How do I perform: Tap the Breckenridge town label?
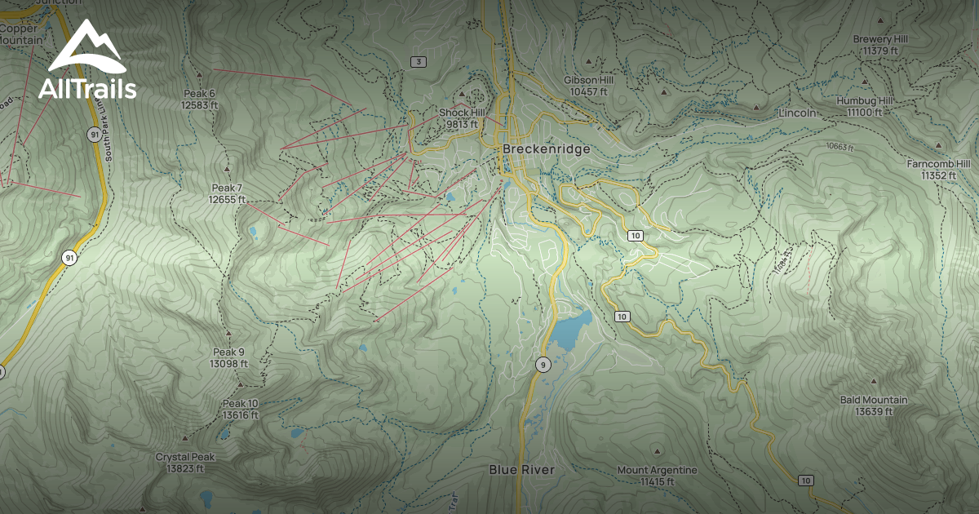(x=545, y=149)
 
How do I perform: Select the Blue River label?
(x=521, y=470)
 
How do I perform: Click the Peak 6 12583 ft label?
(x=200, y=99)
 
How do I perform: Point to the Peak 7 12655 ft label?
(x=226, y=193)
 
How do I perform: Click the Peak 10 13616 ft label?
(x=240, y=410)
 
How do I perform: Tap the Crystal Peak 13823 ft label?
(x=184, y=463)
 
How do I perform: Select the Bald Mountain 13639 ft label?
(x=874, y=405)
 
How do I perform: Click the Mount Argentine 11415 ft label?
(x=657, y=476)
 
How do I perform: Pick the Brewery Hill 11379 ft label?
(x=879, y=45)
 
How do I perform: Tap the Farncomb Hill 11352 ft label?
(x=938, y=169)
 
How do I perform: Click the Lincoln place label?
(x=796, y=113)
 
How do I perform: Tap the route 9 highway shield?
(x=542, y=365)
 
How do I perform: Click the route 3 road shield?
(x=419, y=62)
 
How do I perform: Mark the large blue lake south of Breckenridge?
(x=570, y=330)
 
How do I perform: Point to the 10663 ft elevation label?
(x=839, y=148)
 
